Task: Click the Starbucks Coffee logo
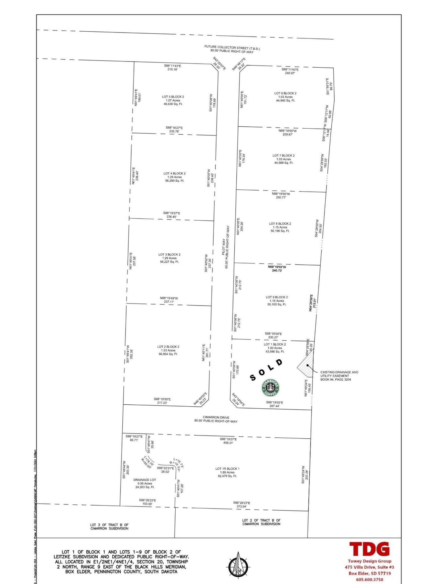tap(270, 388)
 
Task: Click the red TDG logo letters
tap(369, 549)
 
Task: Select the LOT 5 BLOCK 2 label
tap(173, 97)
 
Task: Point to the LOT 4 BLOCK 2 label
tap(175, 173)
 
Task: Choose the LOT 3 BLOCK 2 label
tap(169, 254)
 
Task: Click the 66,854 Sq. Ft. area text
tap(168, 354)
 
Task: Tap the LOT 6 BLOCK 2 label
tap(285, 93)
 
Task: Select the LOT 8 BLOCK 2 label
tap(280, 224)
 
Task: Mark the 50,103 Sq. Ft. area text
tap(277, 305)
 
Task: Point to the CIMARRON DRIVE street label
tap(216, 417)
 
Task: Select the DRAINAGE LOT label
tap(145, 480)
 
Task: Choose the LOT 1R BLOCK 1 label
tap(227, 469)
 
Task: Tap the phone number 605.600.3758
tap(369, 579)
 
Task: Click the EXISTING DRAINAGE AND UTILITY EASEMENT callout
tap(339, 376)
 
